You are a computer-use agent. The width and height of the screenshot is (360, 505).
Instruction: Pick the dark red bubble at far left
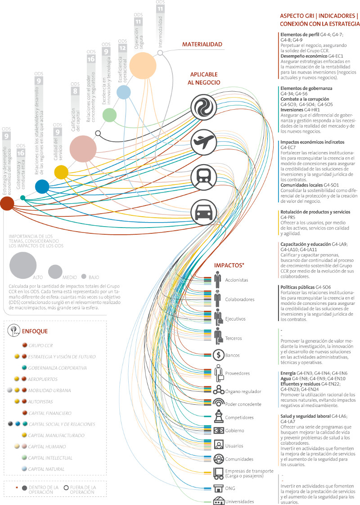7,204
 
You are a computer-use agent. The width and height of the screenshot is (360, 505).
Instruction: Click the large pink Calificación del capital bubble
84,147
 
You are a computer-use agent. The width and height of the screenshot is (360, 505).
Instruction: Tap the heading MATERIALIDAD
202,45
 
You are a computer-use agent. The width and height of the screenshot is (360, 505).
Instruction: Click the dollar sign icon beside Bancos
218,355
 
